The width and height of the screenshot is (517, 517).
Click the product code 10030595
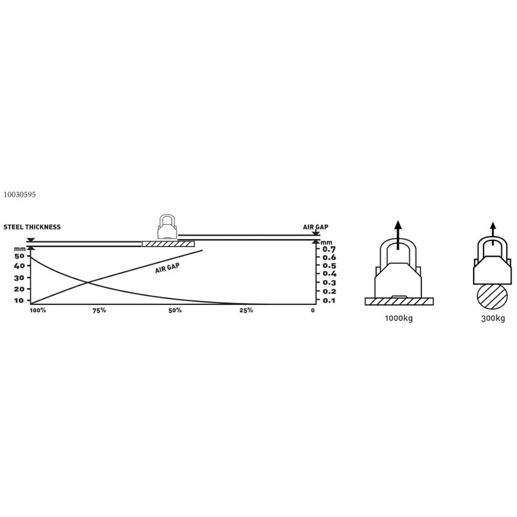[x=19, y=195]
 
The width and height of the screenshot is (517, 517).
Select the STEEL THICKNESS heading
[x=32, y=227]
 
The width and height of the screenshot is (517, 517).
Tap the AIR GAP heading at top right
[x=315, y=227]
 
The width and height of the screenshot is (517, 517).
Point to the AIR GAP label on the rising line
[x=167, y=268]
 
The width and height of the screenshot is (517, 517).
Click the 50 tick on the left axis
[x=19, y=256]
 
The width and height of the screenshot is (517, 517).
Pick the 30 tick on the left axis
[x=19, y=278]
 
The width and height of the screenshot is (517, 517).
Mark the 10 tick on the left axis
[x=19, y=301]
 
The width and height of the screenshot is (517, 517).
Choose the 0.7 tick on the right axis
[x=329, y=249]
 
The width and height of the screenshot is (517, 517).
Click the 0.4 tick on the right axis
[x=330, y=273]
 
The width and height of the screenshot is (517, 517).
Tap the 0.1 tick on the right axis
[x=329, y=301]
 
